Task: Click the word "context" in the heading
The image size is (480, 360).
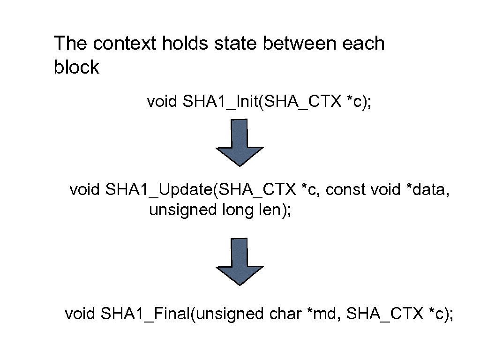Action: tap(125, 44)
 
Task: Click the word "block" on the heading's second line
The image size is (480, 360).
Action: tap(76, 67)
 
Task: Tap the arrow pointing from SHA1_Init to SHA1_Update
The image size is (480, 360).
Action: tap(239, 142)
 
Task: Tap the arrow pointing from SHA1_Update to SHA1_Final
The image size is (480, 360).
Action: tap(239, 262)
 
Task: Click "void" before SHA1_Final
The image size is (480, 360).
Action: tap(80, 314)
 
